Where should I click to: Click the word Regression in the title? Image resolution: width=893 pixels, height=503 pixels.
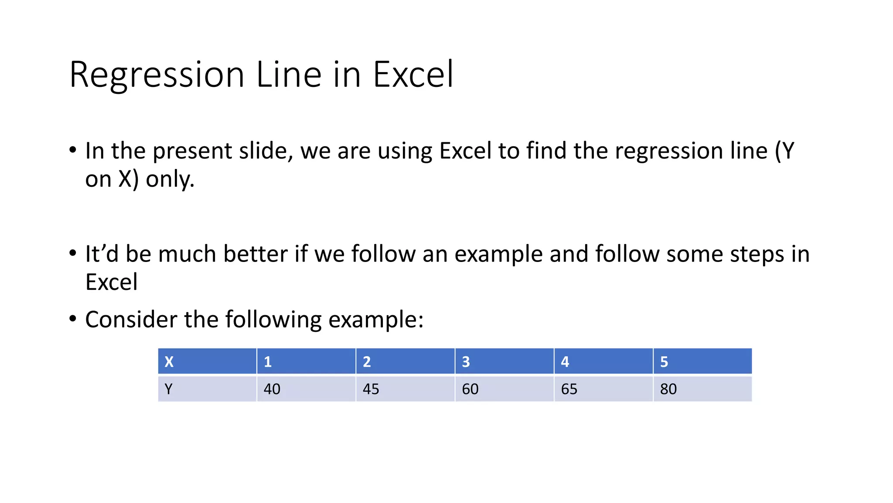(157, 75)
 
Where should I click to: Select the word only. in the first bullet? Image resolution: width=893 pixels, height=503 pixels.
(170, 179)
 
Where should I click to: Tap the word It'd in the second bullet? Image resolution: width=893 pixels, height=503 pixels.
(102, 254)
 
